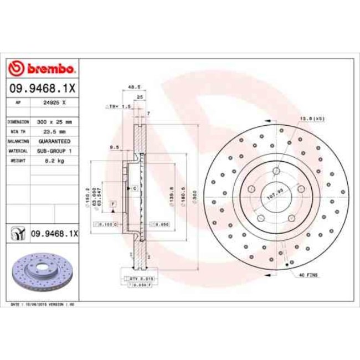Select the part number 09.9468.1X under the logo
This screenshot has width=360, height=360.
[x=42, y=88]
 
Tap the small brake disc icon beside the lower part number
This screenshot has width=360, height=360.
[x=18, y=234]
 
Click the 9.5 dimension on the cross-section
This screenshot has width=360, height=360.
[x=115, y=147]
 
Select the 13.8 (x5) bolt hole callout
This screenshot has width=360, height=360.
[x=312, y=119]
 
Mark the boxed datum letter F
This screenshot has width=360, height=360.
[x=112, y=204]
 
